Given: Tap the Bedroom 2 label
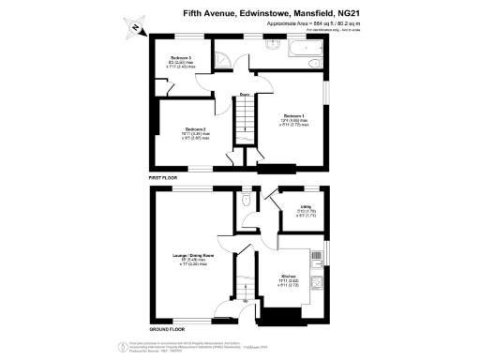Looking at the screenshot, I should [195, 127].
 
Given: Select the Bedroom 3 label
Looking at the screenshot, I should [170, 58].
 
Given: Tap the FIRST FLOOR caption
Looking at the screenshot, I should [164, 176].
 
